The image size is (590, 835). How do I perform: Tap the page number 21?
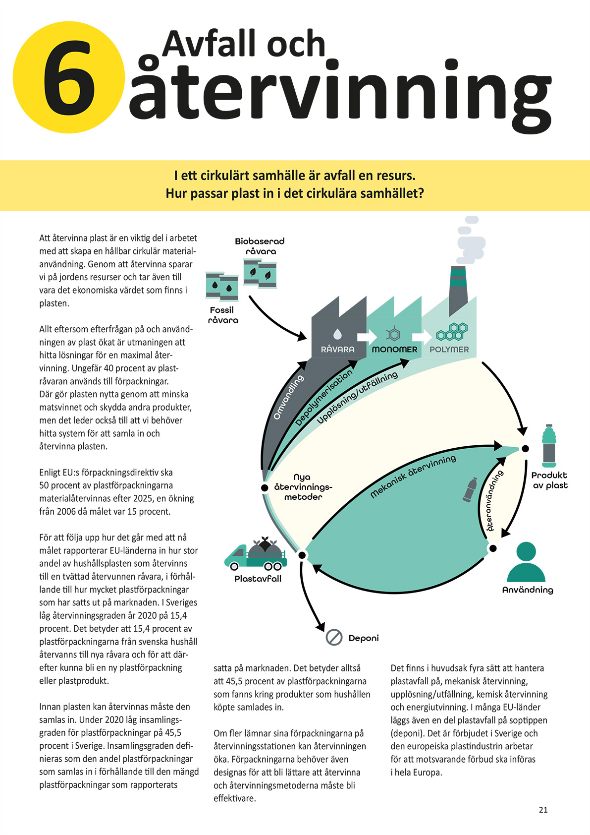pyautogui.click(x=543, y=810)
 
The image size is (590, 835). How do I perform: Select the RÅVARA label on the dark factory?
pyautogui.click(x=337, y=349)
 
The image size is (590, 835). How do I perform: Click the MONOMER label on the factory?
pyautogui.click(x=394, y=349)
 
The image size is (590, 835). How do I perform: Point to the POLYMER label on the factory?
pyautogui.click(x=449, y=349)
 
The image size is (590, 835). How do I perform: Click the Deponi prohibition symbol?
pyautogui.click(x=334, y=637)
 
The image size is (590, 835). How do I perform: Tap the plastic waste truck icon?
pyautogui.click(x=255, y=555)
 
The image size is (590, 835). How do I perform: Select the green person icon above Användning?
pyautogui.click(x=526, y=562)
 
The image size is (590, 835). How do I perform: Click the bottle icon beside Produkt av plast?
pyautogui.click(x=549, y=446)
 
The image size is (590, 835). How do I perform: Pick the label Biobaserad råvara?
pyautogui.click(x=260, y=246)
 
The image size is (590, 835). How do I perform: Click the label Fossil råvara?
pyautogui.click(x=222, y=315)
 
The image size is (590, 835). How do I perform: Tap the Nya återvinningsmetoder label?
pyautogui.click(x=303, y=487)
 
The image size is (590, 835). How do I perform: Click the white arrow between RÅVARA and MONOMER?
pyautogui.click(x=367, y=337)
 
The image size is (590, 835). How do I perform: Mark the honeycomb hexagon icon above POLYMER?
pyautogui.click(x=451, y=332)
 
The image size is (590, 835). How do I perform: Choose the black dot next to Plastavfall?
pyautogui.click(x=302, y=555)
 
